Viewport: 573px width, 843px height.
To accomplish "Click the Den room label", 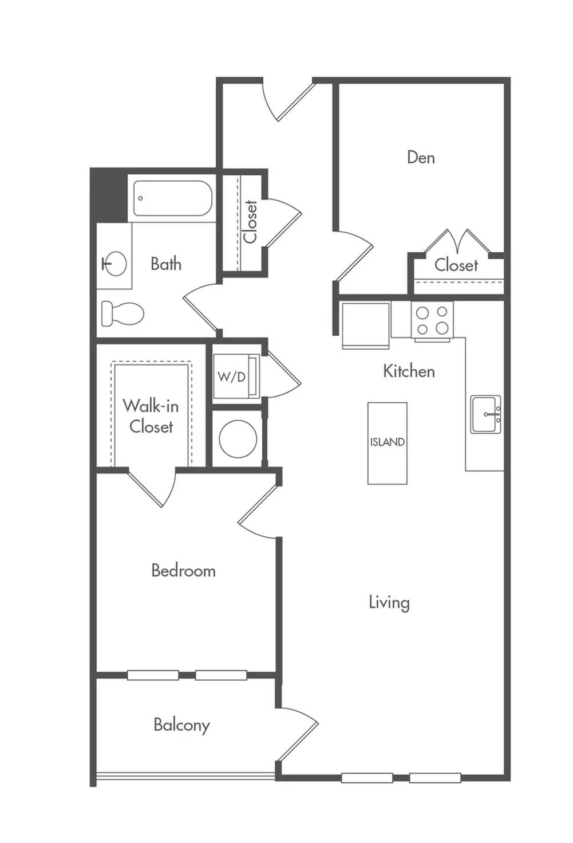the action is [421, 157].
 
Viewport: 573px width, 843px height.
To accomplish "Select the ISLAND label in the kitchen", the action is [388, 442].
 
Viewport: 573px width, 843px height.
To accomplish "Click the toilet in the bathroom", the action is [122, 313].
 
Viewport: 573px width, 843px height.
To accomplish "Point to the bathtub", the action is [173, 198].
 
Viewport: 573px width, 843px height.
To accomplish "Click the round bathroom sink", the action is [114, 264].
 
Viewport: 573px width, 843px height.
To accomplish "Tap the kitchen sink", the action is [485, 414].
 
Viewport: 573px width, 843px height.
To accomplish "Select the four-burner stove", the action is [432, 320].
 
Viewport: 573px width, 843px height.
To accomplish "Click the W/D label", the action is [232, 377].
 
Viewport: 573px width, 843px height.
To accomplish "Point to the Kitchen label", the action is [409, 371].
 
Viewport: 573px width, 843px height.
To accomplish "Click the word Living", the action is [389, 602].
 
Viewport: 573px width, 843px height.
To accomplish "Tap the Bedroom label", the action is [184, 571].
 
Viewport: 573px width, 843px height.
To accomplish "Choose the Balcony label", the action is [181, 725].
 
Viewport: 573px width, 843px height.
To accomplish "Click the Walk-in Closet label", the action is [151, 417].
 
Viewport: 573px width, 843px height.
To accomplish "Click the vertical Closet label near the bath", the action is [250, 221].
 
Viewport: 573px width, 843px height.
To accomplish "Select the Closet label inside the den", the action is [456, 265].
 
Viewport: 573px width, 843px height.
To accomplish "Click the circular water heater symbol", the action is [238, 439].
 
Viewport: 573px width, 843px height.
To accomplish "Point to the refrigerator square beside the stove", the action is [365, 326].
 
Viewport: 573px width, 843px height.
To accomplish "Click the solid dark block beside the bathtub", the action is [108, 195].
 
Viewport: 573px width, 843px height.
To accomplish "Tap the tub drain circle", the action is [141, 198].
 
